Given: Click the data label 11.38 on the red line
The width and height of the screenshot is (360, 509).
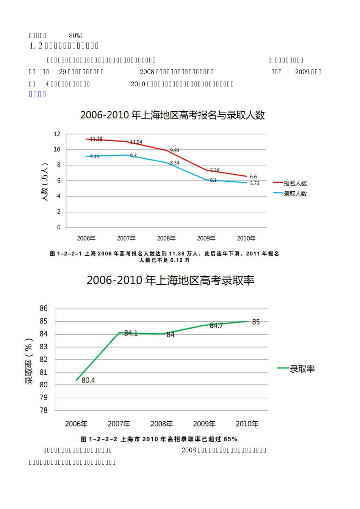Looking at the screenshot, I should click(x=96, y=139).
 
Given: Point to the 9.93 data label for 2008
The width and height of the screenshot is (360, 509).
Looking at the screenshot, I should click(x=175, y=150).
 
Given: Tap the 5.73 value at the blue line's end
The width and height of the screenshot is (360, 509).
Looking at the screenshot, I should click(x=255, y=183).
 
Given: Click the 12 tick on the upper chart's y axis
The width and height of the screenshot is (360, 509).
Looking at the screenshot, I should click(x=57, y=134).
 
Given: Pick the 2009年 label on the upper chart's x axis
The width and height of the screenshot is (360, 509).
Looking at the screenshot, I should click(x=206, y=238).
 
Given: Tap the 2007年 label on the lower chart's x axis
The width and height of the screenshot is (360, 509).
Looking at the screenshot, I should click(x=119, y=424).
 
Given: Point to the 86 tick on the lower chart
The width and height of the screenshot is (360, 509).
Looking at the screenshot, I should click(x=44, y=308).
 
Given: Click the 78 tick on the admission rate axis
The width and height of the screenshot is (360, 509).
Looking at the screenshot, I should click(x=44, y=410).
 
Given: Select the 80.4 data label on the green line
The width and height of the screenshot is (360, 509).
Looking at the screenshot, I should click(x=88, y=380).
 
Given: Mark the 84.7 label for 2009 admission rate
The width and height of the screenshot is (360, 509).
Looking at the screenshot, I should click(x=216, y=326).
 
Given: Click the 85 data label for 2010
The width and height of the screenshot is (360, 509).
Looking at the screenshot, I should click(x=256, y=322).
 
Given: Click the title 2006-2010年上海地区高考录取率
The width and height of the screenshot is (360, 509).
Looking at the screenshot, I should click(x=170, y=281).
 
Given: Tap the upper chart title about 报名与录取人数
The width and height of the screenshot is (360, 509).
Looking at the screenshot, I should click(x=172, y=115).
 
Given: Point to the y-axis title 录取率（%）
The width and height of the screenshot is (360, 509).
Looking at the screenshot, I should click(x=29, y=361).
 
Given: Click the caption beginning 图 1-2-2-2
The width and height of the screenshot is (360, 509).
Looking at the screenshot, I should click(x=159, y=439).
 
